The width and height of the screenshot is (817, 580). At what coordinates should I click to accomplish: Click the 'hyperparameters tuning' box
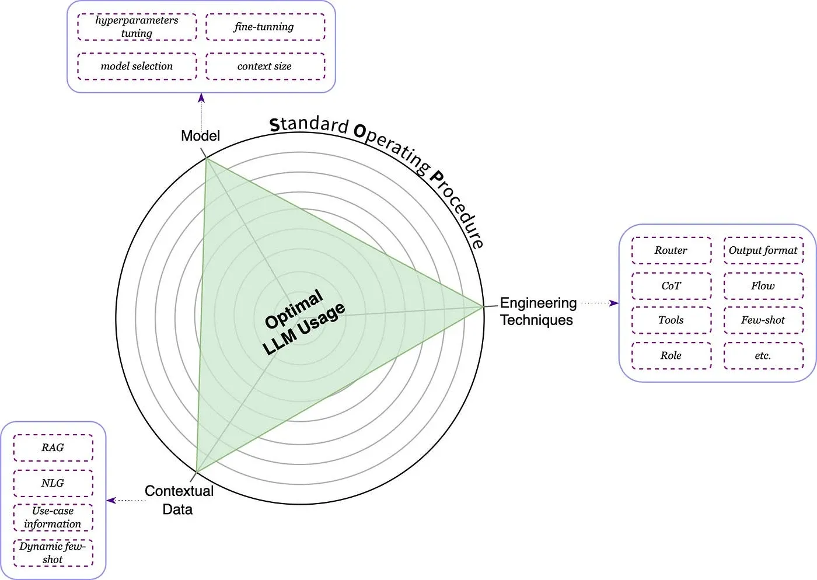[137, 27]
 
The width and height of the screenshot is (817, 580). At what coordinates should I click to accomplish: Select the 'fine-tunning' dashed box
[265, 27]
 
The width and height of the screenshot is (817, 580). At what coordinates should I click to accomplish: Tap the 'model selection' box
[137, 66]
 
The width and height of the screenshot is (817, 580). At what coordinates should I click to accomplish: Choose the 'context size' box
[265, 66]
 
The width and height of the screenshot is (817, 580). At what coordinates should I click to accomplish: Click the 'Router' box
[671, 250]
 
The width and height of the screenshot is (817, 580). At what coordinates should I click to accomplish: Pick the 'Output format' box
[763, 250]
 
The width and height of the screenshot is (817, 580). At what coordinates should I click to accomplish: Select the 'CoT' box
[671, 286]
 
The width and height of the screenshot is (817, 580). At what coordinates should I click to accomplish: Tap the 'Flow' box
[763, 286]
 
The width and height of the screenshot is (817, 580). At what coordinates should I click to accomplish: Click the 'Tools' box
[671, 320]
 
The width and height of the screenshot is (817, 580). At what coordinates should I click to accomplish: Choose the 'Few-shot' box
[763, 320]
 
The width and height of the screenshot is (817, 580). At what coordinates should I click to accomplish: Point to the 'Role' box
[671, 355]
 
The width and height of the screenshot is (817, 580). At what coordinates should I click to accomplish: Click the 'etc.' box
[763, 355]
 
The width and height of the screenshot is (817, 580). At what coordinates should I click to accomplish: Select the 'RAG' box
[53, 448]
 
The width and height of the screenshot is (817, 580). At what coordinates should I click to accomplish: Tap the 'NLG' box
[53, 483]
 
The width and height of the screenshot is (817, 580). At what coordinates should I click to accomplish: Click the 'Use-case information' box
[53, 518]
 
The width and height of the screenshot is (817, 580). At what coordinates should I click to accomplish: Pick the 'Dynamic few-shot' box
[53, 553]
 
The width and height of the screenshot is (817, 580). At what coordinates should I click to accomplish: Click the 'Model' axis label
[200, 136]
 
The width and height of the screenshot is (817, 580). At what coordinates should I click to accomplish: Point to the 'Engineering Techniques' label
[538, 312]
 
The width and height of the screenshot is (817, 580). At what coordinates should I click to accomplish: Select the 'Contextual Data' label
[179, 500]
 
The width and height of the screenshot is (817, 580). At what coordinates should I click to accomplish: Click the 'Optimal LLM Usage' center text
[303, 322]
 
